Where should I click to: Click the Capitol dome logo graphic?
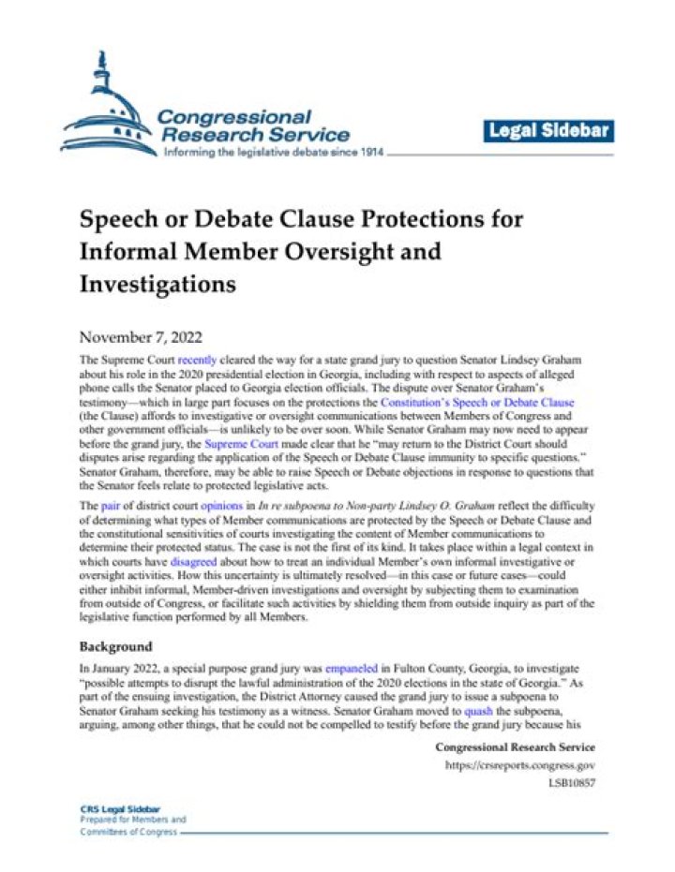(x=103, y=108)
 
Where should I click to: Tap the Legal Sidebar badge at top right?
(x=549, y=131)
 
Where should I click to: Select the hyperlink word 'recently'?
(x=197, y=359)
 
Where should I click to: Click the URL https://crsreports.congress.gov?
(x=519, y=766)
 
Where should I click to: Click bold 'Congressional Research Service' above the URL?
(x=515, y=747)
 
